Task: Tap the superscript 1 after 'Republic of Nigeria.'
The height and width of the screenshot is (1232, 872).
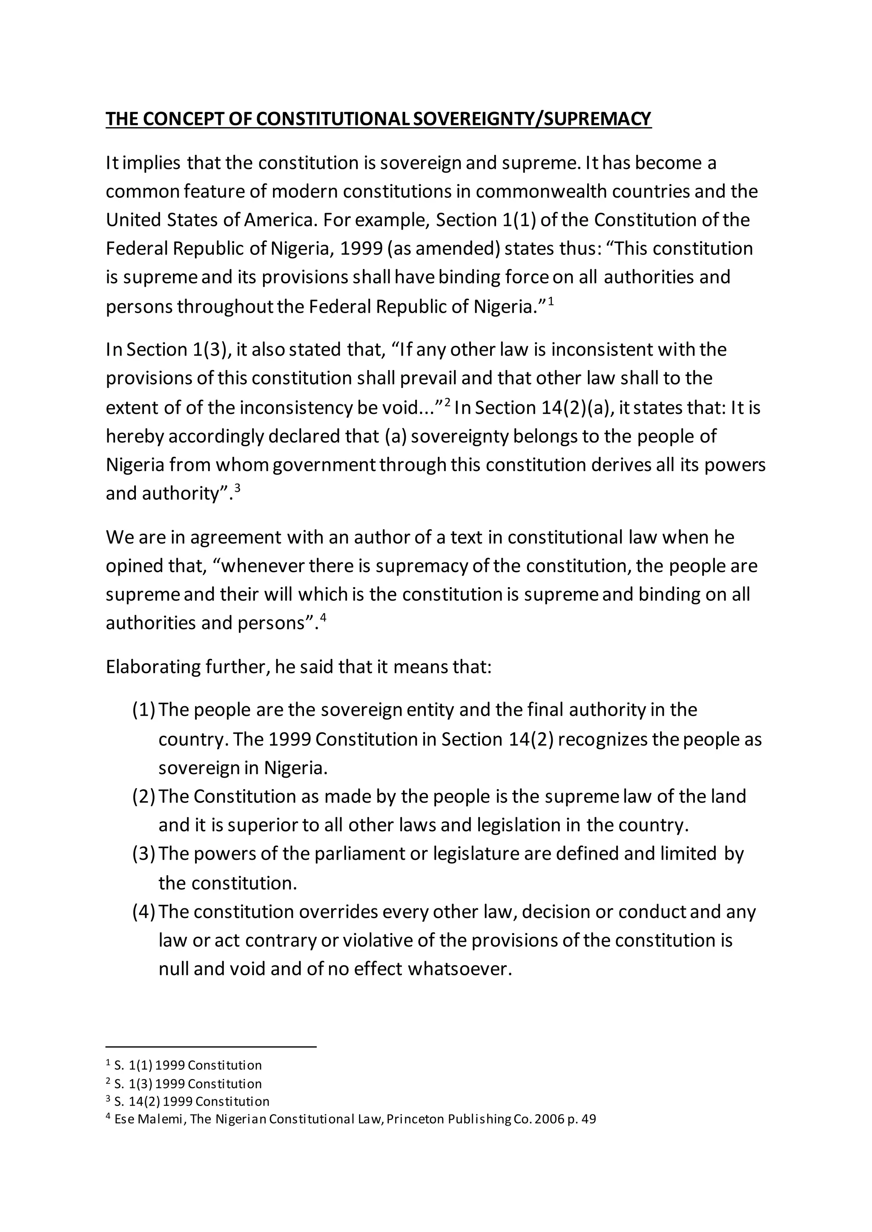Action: (551, 302)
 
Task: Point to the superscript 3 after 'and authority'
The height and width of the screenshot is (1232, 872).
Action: (237, 488)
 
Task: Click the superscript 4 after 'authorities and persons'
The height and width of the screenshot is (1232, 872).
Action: (323, 618)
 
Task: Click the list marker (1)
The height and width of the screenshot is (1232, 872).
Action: (143, 710)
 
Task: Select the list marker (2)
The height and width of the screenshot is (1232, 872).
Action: (143, 796)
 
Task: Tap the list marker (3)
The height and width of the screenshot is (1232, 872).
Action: (143, 854)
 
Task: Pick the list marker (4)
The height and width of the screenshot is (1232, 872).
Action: (143, 912)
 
